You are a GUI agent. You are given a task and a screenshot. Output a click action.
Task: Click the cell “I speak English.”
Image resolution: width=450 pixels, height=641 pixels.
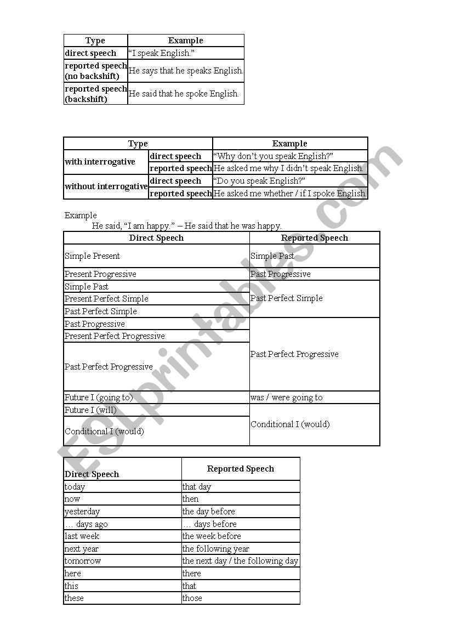point(161,53)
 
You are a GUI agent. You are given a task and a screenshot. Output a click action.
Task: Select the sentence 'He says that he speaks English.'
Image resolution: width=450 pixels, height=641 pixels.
point(186,71)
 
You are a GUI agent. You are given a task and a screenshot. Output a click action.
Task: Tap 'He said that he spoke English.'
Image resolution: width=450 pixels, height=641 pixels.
point(184,94)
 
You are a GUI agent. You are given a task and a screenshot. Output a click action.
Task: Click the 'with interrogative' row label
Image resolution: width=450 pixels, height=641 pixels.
point(100,162)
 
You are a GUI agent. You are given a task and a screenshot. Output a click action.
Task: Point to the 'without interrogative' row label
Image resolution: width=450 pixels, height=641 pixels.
point(106,186)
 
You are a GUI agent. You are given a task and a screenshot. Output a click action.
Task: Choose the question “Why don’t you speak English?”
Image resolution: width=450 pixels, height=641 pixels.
point(273,156)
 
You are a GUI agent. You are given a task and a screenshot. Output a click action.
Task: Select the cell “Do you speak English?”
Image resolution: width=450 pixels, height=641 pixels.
point(259,181)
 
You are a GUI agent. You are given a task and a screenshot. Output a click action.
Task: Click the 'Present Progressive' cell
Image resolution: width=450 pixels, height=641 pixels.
point(101,274)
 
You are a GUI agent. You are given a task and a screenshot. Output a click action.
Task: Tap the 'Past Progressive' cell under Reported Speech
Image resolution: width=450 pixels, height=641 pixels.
point(281,274)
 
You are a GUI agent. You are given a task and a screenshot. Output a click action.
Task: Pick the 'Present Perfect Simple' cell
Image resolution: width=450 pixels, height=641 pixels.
point(107,299)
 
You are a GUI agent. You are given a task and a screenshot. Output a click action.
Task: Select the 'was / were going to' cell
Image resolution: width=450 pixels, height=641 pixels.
point(287,398)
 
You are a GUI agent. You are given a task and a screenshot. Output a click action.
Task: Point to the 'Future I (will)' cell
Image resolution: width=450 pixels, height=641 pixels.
point(90,410)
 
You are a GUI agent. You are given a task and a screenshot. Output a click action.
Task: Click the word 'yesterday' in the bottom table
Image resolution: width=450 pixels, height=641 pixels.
point(82,512)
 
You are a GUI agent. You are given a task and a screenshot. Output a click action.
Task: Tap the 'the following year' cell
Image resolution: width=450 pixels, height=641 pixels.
point(216,549)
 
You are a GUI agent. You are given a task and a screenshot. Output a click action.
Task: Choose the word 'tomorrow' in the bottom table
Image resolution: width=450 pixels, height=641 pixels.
point(83,561)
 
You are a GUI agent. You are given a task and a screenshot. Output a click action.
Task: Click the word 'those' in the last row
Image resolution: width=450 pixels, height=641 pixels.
point(192,598)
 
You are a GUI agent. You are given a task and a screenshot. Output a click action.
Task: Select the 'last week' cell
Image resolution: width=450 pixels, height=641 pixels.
point(82,536)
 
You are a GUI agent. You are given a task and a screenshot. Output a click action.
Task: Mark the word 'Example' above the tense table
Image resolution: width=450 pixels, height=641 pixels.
point(81,215)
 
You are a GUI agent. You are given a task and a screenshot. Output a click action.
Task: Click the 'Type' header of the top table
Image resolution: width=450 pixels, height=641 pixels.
point(95,41)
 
